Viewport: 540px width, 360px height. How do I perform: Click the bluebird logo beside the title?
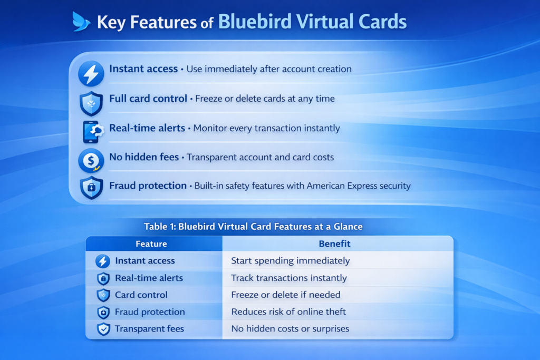click(81, 21)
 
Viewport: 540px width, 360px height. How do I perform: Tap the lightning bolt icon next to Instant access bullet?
click(91, 74)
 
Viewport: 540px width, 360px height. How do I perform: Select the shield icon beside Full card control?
click(91, 103)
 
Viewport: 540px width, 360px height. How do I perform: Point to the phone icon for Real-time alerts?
click(92, 132)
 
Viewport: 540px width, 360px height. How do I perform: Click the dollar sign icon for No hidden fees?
click(91, 161)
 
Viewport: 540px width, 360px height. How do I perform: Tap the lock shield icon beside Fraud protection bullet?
click(91, 188)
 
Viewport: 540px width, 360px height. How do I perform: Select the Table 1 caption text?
click(253, 227)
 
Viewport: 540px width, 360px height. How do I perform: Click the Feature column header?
click(151, 244)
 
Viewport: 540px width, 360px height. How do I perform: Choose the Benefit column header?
click(334, 244)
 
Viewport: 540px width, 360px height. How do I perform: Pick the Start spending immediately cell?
click(291, 260)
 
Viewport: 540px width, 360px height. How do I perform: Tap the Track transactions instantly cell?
click(288, 278)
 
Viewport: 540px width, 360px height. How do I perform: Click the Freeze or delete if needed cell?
click(285, 295)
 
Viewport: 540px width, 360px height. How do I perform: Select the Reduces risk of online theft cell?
click(288, 312)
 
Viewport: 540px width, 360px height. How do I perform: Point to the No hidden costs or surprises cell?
click(290, 329)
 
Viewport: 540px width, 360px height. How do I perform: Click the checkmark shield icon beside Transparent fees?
click(103, 329)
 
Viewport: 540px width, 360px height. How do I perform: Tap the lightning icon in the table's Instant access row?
click(103, 261)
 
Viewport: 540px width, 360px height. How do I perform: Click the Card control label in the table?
click(141, 295)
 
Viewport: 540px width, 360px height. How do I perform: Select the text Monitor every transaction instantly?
click(266, 129)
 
